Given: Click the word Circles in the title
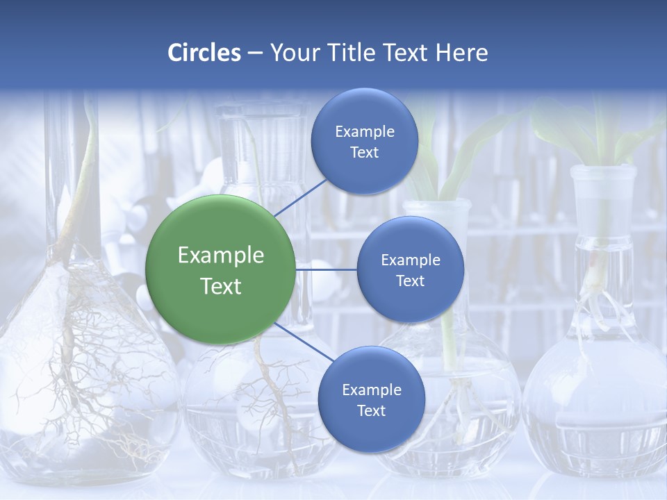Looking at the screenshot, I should click(204, 53).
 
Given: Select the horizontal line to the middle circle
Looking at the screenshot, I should click(326, 269).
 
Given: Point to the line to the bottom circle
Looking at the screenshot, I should click(304, 342).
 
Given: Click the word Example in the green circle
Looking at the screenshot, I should click(221, 256).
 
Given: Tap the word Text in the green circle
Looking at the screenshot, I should click(221, 286).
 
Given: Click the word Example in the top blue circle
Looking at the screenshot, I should click(365, 132).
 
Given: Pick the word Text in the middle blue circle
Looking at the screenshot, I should click(410, 281).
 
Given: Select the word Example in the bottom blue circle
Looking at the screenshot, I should click(372, 390).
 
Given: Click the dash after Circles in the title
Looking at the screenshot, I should click(255, 53).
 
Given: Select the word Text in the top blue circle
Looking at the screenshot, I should click(364, 153).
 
